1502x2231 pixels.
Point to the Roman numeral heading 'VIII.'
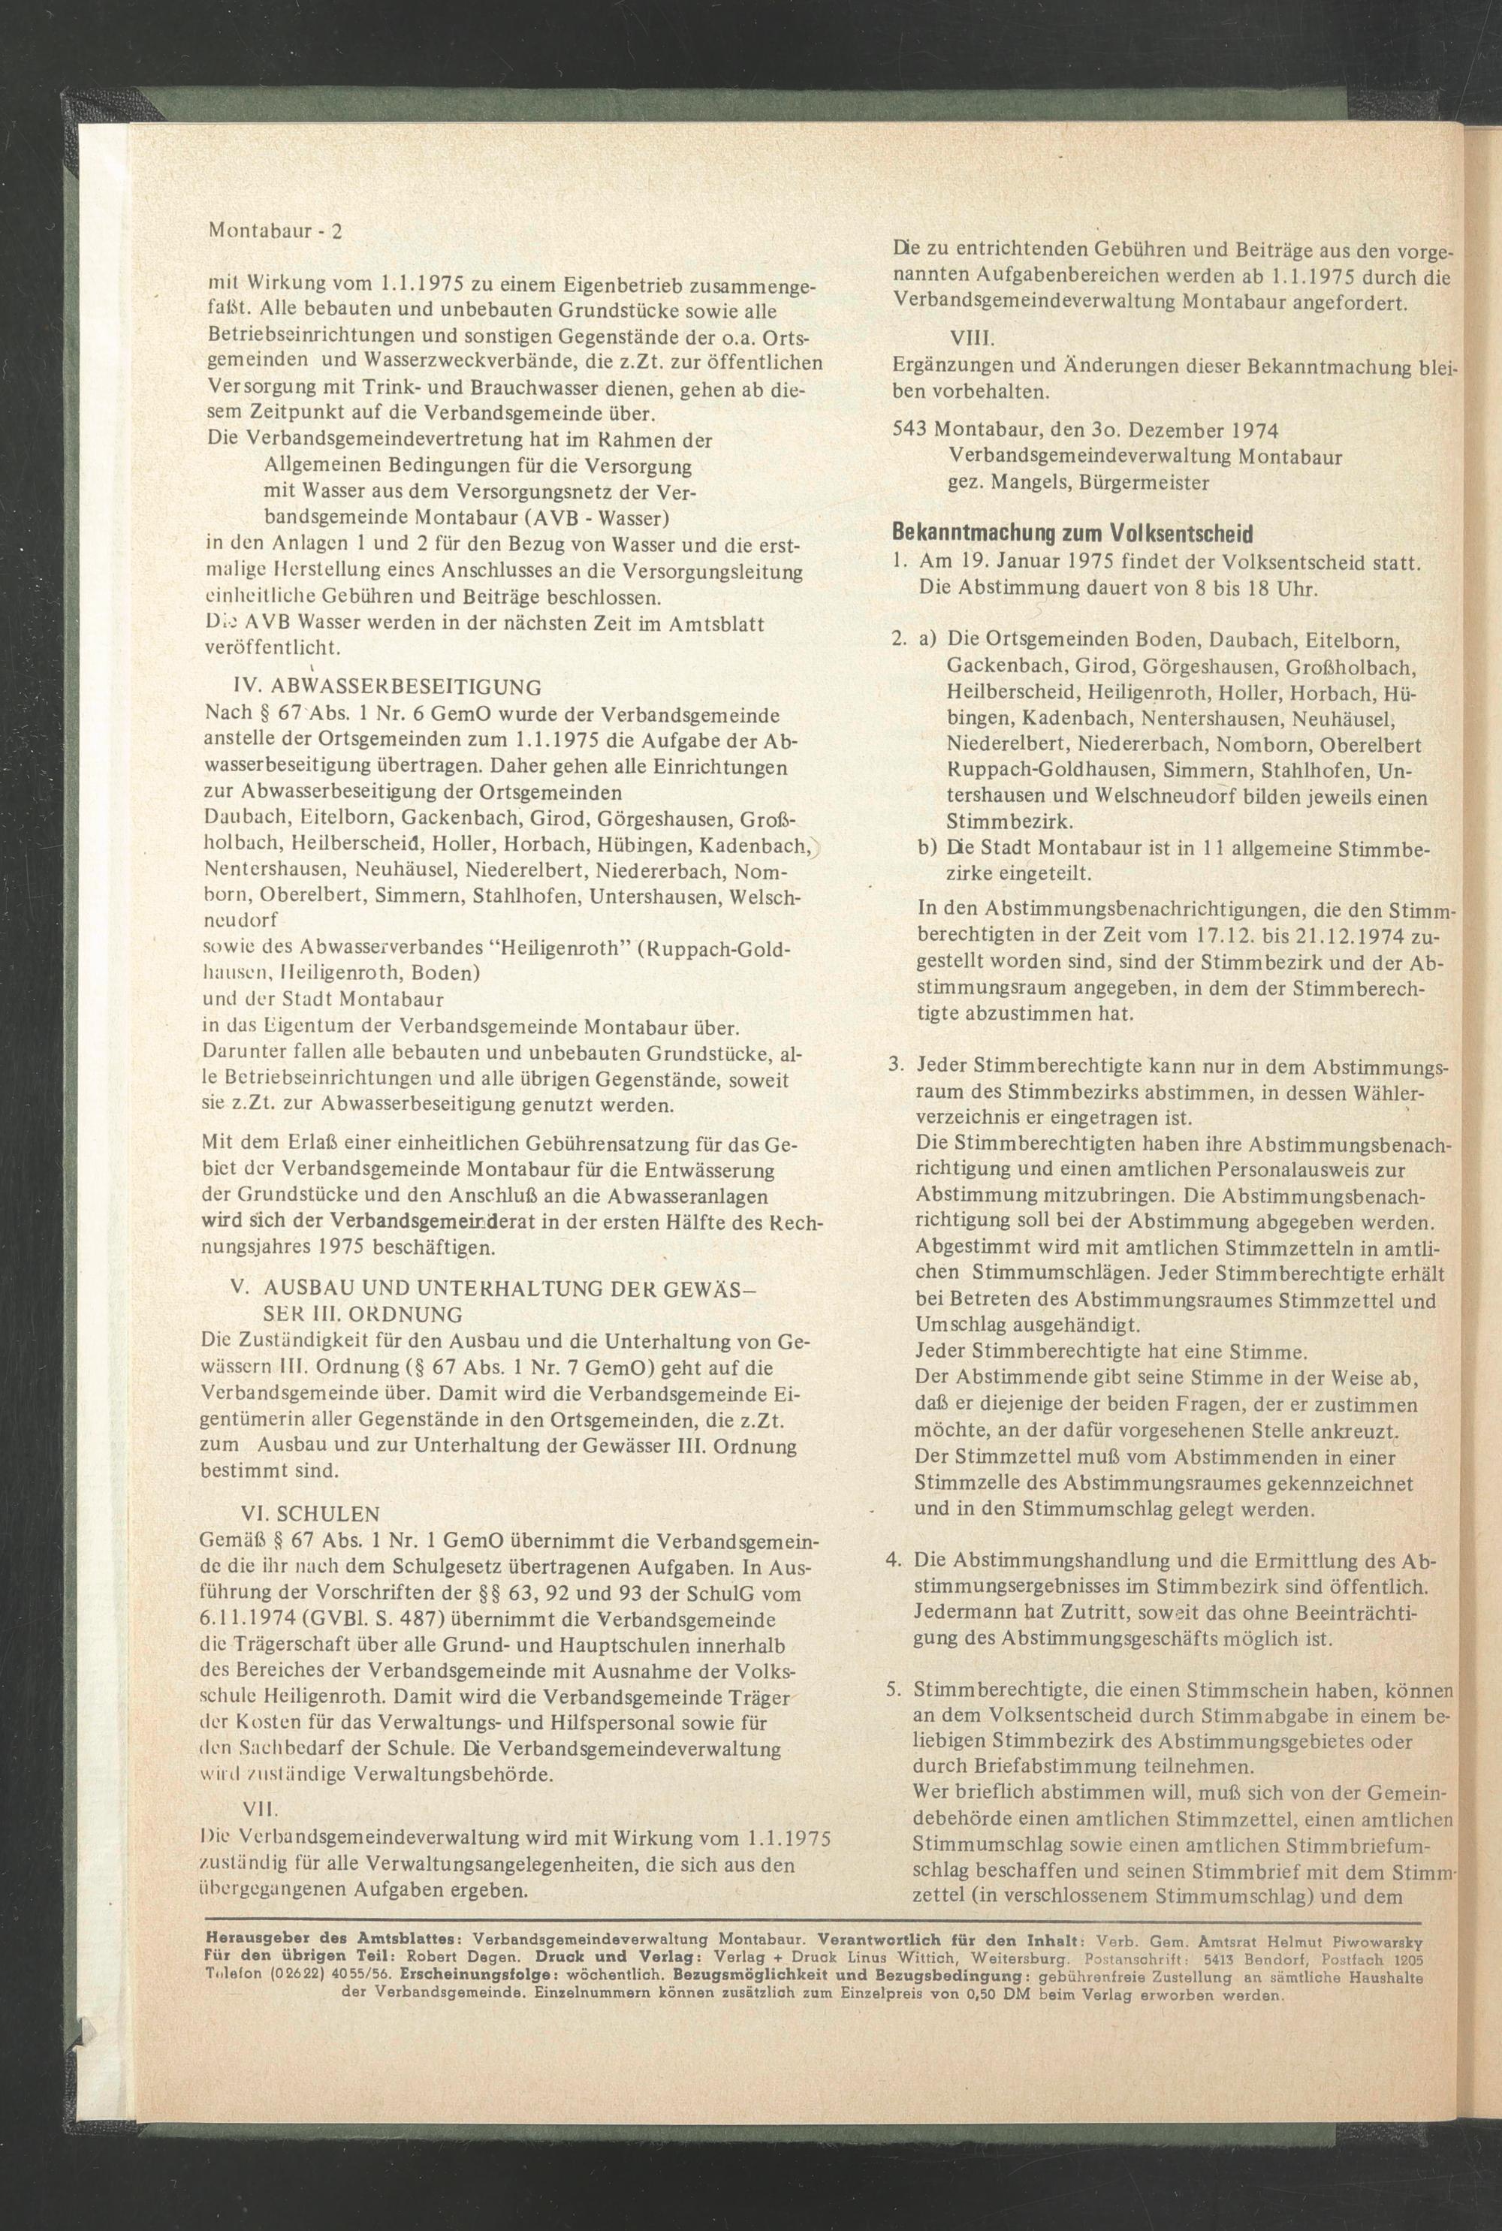tap(973, 341)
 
